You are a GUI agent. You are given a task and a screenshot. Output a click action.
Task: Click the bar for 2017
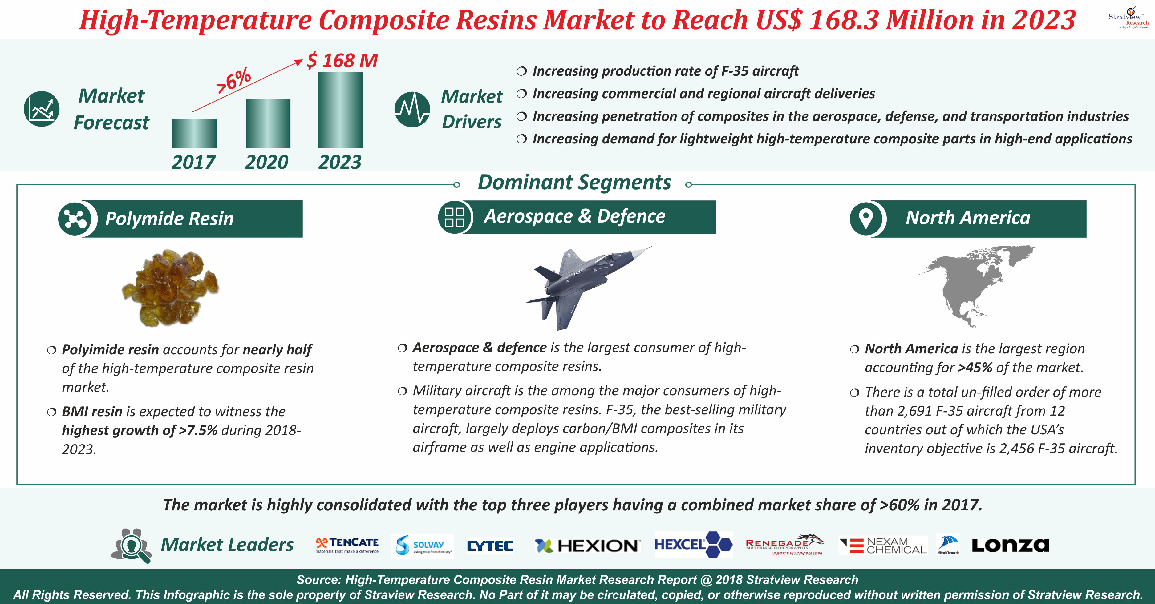(195, 133)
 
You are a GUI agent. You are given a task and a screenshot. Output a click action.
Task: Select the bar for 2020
(268, 124)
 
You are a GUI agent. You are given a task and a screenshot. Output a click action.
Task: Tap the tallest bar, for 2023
(340, 110)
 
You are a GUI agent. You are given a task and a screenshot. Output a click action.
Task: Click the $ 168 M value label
(342, 60)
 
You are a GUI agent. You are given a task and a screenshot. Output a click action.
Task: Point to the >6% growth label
(233, 81)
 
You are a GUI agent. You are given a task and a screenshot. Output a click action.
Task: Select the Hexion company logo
(587, 546)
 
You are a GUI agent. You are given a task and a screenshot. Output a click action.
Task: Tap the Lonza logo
(1010, 545)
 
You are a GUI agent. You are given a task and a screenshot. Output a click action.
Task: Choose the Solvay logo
(423, 546)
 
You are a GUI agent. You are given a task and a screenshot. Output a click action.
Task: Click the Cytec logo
(490, 546)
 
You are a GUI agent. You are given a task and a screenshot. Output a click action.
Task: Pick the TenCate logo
(347, 545)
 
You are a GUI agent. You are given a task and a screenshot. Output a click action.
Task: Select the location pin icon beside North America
(866, 219)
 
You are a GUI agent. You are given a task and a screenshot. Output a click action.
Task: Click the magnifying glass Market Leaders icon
(131, 545)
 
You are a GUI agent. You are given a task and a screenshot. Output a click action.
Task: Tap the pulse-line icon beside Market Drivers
(412, 109)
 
